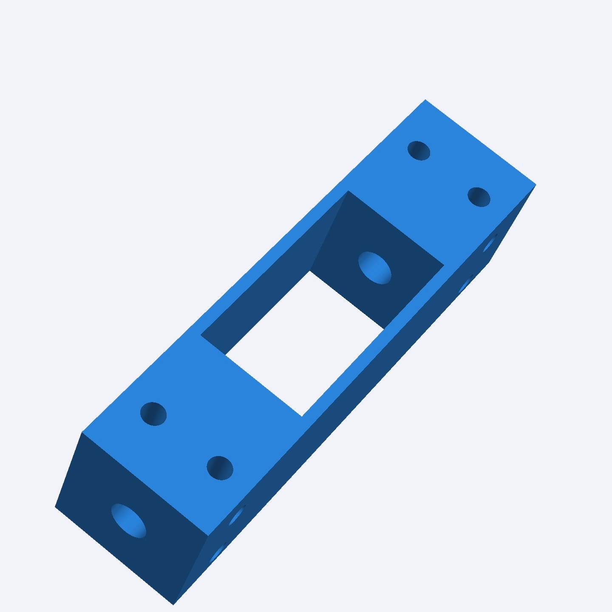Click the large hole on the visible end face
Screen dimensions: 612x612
pyautogui.click(x=128, y=521)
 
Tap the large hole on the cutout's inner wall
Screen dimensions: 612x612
pyautogui.click(x=374, y=268)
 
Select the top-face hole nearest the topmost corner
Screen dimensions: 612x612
pyautogui.click(x=419, y=150)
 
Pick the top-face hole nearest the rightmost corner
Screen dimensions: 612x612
pyautogui.click(x=479, y=197)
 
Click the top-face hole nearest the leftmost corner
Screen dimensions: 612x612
pyautogui.click(x=153, y=414)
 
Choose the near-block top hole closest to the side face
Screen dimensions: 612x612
pyautogui.click(x=220, y=468)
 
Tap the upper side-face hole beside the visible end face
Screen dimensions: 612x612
pyautogui.click(x=237, y=515)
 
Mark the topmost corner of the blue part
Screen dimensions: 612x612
pyautogui.click(x=425, y=100)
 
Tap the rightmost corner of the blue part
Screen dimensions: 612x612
pyautogui.click(x=535, y=185)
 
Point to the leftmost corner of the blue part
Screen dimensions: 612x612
pyautogui.click(x=55, y=506)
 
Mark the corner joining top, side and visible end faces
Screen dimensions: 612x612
pyautogui.click(x=208, y=536)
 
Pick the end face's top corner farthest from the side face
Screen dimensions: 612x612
pyautogui.click(x=82, y=432)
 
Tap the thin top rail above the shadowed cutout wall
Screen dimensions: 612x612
pyautogui.click(x=272, y=259)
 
